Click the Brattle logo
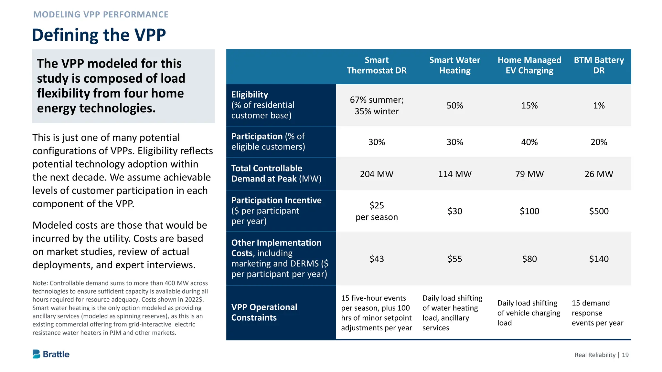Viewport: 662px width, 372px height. pos(51,354)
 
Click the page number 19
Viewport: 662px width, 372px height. pos(625,355)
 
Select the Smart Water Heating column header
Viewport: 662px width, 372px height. pos(454,65)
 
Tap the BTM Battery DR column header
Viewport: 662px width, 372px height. pos(599,65)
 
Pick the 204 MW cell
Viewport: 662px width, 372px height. pos(377,174)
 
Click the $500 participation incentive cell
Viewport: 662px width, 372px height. pos(599,211)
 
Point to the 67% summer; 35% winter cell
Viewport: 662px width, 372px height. pos(377,106)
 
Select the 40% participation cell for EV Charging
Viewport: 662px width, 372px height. pos(529,142)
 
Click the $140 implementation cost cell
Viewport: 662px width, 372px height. pos(599,259)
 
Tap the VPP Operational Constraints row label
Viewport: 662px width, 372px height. pos(264,312)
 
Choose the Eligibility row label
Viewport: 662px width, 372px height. pos(250,95)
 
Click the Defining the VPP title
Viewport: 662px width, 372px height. pos(99,35)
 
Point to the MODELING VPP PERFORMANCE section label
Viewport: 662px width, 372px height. pos(101,15)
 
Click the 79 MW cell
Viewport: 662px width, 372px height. pos(529,174)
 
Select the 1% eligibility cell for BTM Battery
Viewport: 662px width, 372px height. pos(599,106)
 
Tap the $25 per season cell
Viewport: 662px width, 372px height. pos(377,211)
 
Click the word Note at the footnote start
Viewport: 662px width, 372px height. pos(40,283)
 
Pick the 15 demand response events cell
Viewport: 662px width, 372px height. pos(597,313)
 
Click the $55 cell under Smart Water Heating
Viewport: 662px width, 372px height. pos(454,259)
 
